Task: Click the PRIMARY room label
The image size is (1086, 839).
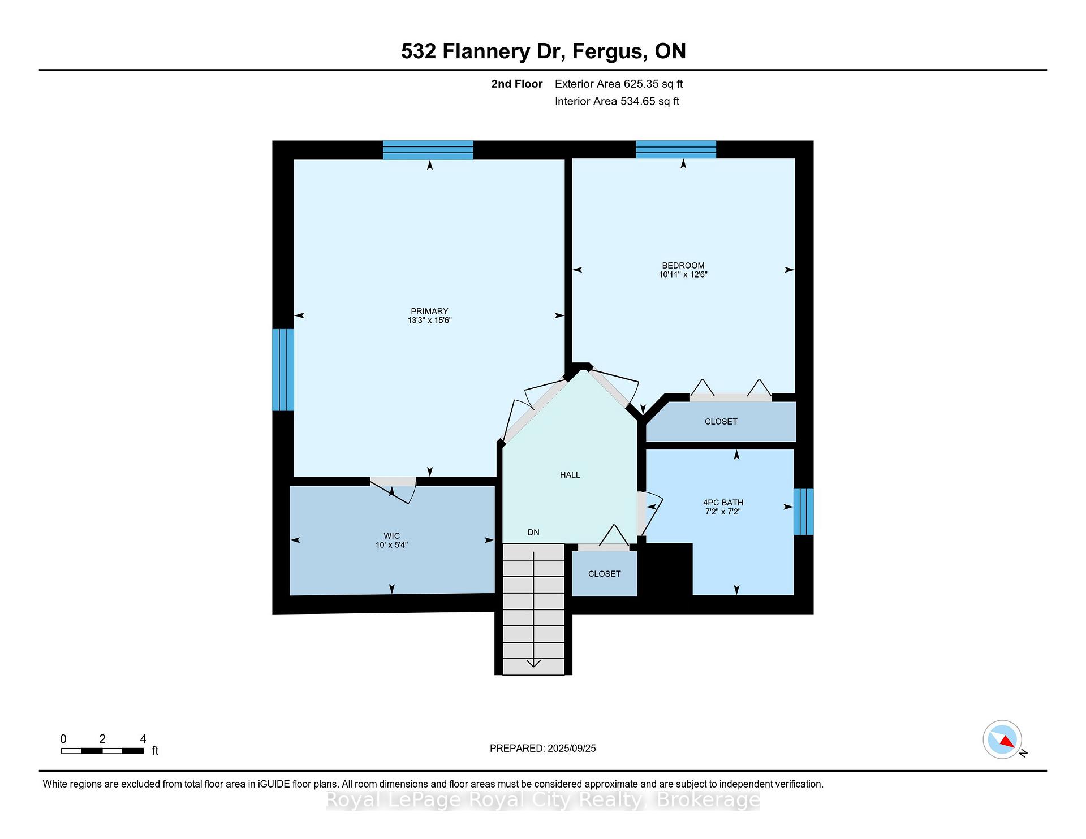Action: coord(429,311)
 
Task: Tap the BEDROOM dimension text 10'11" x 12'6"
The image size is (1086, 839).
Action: coord(683,275)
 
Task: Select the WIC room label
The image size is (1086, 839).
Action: coord(391,536)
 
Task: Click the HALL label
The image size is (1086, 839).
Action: coord(570,475)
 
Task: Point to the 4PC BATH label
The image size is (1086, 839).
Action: coord(723,503)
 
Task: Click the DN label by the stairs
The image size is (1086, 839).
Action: coord(533,533)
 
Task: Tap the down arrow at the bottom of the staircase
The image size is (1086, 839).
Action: coord(533,663)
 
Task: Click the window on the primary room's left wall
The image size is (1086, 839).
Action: coord(283,370)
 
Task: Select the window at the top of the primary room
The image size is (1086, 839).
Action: coord(428,150)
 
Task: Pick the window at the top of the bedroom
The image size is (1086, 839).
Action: coord(676,150)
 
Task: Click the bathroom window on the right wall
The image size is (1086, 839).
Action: coord(803,512)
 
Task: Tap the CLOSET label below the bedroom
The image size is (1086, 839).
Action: coord(721,422)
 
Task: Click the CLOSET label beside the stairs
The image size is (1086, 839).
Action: coord(604,574)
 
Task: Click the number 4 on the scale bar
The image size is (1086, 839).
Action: coord(143,739)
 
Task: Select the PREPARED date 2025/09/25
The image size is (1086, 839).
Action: coord(571,749)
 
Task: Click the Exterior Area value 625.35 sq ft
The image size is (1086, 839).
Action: coord(653,84)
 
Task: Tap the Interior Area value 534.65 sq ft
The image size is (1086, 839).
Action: coord(650,101)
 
